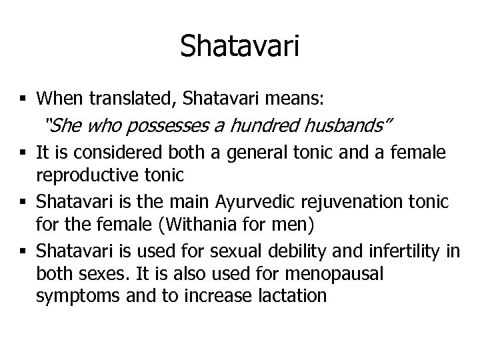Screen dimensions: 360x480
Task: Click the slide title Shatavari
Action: coord(239,47)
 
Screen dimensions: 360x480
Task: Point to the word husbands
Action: coord(343,125)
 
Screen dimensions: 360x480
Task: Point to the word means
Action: coord(301,99)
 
